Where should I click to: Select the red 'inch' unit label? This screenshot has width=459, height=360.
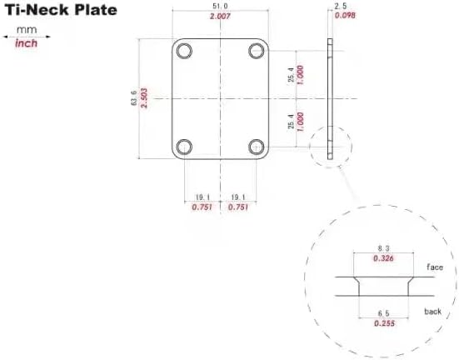tap(27, 43)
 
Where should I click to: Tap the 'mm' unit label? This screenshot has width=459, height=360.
tap(27, 29)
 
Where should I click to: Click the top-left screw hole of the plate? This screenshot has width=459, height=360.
tap(185, 50)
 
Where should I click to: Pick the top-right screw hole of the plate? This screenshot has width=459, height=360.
tap(256, 50)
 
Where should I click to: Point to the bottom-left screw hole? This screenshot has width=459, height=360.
tap(185, 147)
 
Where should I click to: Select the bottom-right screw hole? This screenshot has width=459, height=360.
tap(256, 147)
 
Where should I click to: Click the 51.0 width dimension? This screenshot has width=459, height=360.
tap(221, 6)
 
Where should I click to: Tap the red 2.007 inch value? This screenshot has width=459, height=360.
tap(221, 17)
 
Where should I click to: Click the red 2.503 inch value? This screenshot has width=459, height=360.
tap(144, 98)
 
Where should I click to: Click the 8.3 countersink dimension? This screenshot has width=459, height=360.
tap(384, 249)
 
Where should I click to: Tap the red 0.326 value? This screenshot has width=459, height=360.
tap(384, 259)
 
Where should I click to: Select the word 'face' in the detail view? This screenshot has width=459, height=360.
tap(435, 267)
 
